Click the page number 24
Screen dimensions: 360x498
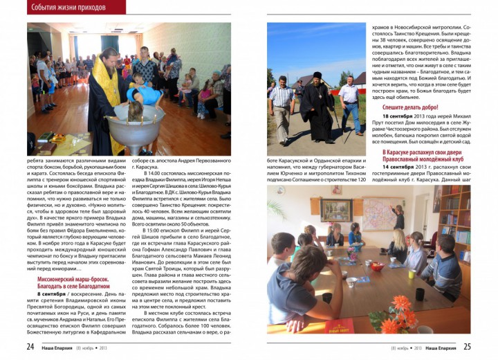(x=31, y=347)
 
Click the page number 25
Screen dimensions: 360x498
(x=466, y=347)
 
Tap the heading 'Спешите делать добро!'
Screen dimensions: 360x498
(x=410, y=107)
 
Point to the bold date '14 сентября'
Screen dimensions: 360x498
(x=399, y=167)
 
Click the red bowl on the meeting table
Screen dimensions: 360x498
(x=377, y=265)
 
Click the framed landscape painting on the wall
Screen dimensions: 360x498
(x=336, y=210)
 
